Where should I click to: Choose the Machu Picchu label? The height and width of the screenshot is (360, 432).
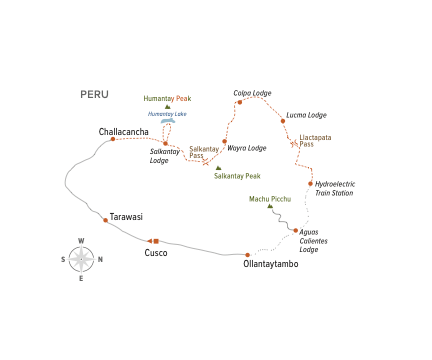(x=270, y=199)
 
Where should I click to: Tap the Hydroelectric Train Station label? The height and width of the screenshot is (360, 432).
(x=334, y=188)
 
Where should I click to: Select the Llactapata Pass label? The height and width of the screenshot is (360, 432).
(x=315, y=141)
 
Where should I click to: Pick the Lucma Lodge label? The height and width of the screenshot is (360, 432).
(x=305, y=115)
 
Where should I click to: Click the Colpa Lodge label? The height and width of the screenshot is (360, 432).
(x=252, y=93)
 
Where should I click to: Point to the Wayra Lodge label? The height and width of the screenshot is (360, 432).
(x=247, y=148)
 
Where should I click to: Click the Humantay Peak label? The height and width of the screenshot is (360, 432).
(x=167, y=98)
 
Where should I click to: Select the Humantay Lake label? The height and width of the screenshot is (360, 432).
(x=167, y=113)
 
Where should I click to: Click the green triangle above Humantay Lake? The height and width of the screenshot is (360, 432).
(x=167, y=106)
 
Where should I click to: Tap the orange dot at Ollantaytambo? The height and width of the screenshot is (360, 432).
(x=247, y=255)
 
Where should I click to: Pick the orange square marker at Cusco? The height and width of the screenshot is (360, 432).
(x=156, y=241)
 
